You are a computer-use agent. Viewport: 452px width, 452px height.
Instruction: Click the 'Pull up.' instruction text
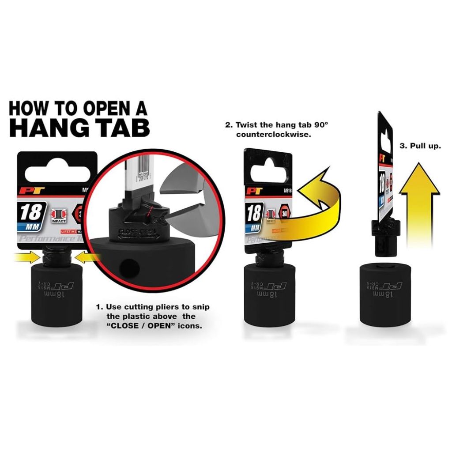point(420,146)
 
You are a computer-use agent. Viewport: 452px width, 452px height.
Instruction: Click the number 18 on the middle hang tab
point(254,214)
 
